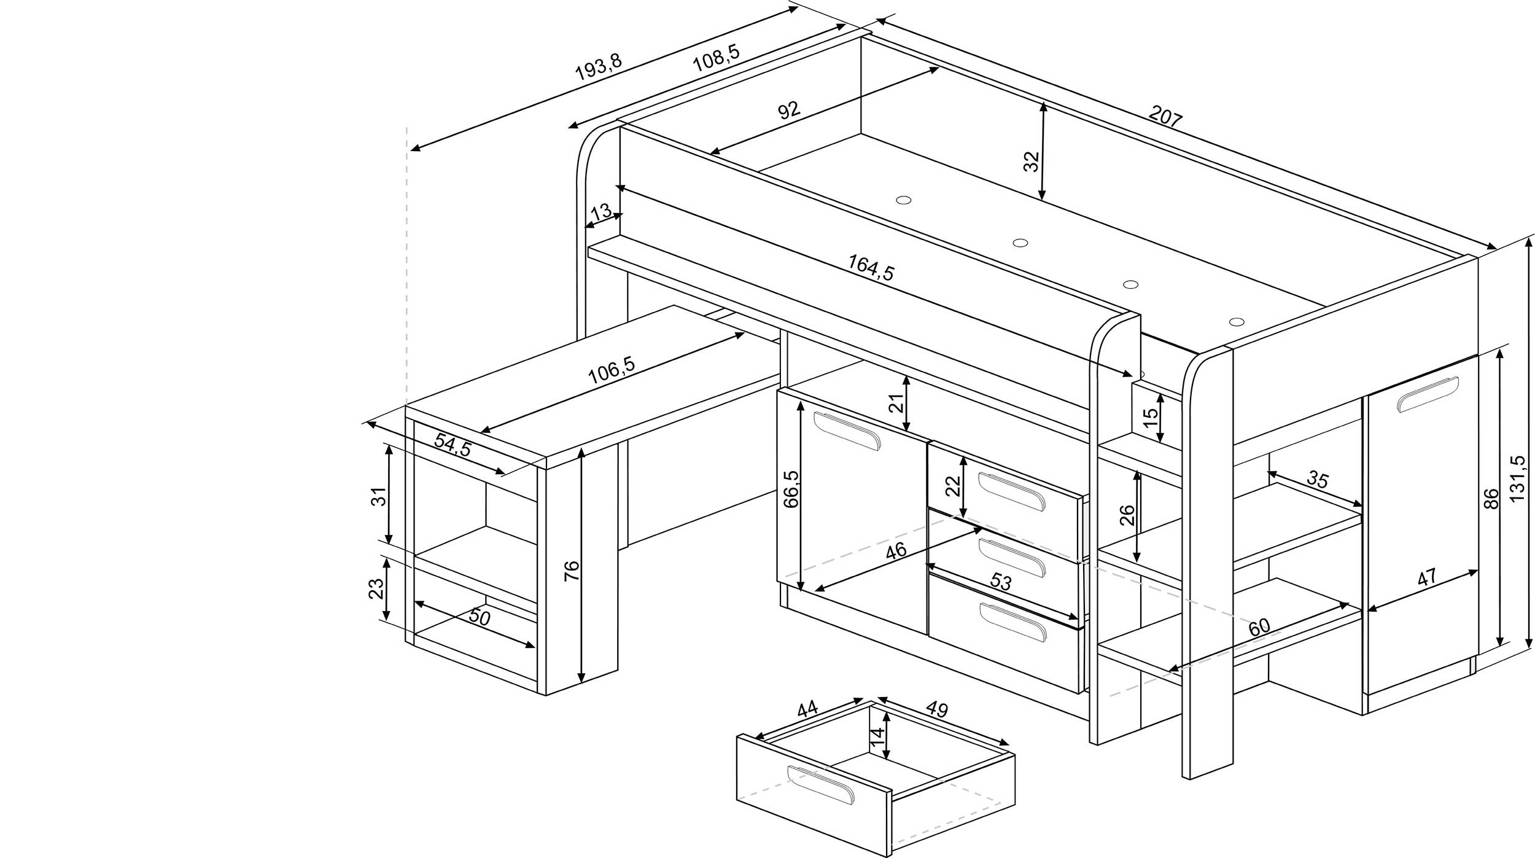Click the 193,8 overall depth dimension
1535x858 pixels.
coord(598,68)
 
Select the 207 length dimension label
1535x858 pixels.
coord(1165,117)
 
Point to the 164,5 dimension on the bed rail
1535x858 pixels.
coord(871,268)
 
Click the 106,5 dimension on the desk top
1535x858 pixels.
coord(611,370)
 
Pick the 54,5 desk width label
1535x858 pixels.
coord(453,445)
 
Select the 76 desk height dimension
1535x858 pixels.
coord(571,571)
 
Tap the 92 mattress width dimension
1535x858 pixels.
coord(789,111)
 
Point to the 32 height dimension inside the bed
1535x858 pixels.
coord(1032,161)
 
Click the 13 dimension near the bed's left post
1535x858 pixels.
coord(600,212)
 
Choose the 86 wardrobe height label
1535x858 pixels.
coord(1491,498)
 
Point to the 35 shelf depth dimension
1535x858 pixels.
coord(1318,479)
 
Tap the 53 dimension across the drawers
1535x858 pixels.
coord(1000,582)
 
